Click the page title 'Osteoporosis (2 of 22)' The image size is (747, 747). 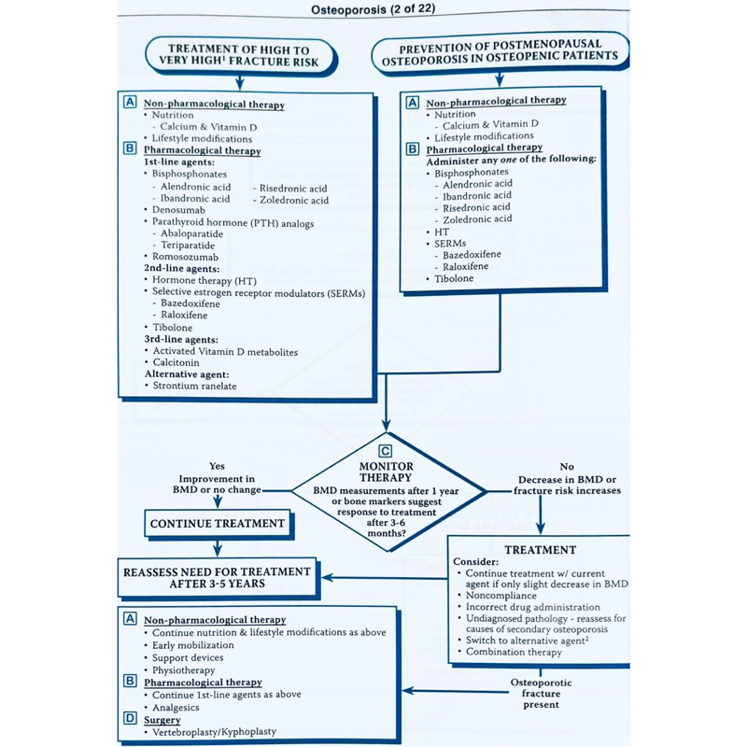coord(373,11)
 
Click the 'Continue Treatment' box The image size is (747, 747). coord(216,525)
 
